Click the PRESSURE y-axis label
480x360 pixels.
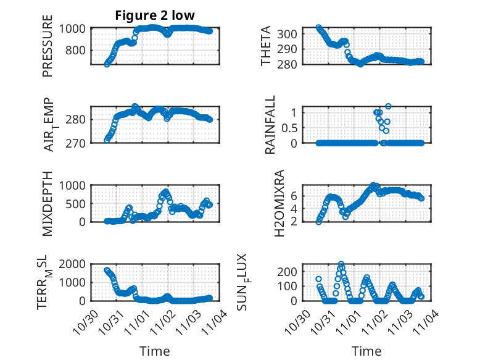tap(48, 51)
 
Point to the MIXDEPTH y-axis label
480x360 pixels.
tap(48, 204)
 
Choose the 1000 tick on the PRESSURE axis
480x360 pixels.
tap(76, 28)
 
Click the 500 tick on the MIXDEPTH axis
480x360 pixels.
tap(79, 203)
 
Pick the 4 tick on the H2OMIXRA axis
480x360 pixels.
tap(295, 208)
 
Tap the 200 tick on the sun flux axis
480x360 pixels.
tap(290, 271)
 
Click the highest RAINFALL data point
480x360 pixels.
tap(388, 106)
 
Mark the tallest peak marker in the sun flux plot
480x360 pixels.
tap(341, 264)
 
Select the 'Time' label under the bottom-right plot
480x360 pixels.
tap(366, 351)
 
